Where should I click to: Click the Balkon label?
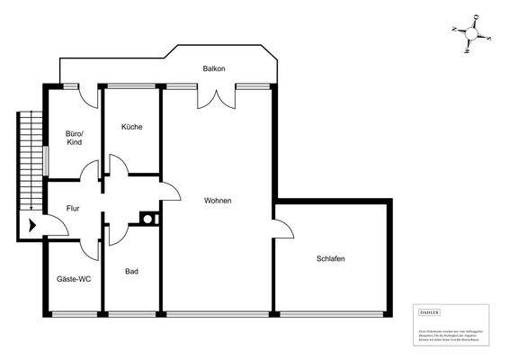(214, 69)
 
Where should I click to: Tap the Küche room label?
(132, 127)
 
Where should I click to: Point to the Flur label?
(73, 209)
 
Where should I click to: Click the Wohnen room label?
(218, 200)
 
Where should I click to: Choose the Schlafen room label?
(331, 258)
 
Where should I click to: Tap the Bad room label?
(131, 270)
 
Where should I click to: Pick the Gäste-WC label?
(74, 280)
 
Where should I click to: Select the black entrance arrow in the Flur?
(32, 226)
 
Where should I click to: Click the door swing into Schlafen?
(284, 229)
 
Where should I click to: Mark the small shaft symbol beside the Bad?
(147, 217)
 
